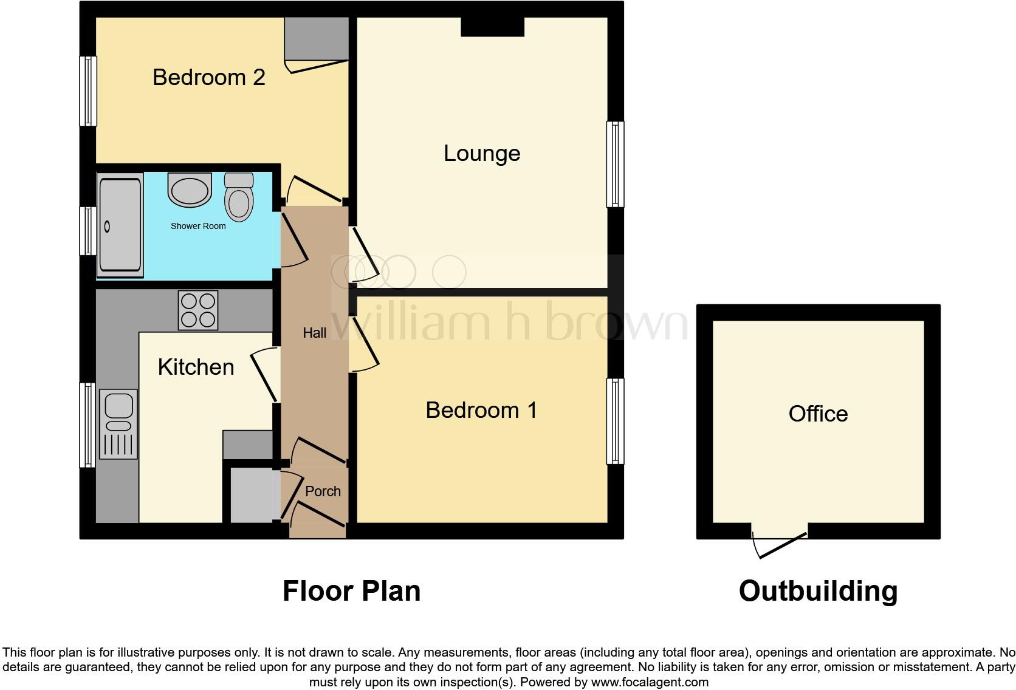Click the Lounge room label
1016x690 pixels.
click(x=482, y=153)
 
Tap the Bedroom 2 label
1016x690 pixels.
click(x=208, y=77)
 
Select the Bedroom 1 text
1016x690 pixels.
click(x=481, y=410)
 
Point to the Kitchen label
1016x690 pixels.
click(x=196, y=367)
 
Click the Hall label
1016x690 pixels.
click(x=314, y=333)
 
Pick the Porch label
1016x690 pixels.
click(x=323, y=491)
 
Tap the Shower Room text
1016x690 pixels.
click(x=198, y=226)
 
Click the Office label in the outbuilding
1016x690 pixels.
click(x=818, y=414)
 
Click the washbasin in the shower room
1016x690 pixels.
click(x=190, y=190)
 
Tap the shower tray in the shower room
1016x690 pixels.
click(x=120, y=225)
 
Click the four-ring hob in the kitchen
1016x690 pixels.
click(x=197, y=310)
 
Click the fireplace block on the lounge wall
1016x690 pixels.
click(x=492, y=27)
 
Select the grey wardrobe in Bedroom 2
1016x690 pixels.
click(x=316, y=38)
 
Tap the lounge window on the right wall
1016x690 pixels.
click(x=615, y=164)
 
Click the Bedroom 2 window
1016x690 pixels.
click(x=89, y=91)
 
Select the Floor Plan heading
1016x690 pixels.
click(x=351, y=591)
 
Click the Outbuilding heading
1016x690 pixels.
click(x=818, y=591)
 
